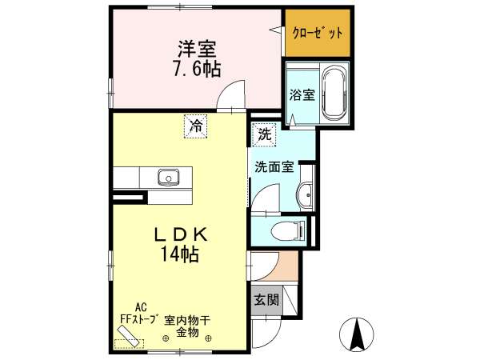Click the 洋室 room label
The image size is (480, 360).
point(197,49)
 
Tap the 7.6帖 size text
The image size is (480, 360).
point(197,69)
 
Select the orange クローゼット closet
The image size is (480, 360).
point(318,33)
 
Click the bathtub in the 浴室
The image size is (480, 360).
point(335,94)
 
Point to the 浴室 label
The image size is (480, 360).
point(302,95)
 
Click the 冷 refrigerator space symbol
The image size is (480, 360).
point(196,126)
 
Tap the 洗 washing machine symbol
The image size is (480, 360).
point(264,134)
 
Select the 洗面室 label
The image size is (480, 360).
point(274,167)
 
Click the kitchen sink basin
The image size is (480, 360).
point(168,178)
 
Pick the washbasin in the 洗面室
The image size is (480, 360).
point(305,194)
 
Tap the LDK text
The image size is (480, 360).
point(181,235)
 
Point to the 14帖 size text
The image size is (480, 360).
point(180,254)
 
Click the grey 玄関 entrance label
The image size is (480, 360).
point(267,300)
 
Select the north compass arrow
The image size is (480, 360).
point(357,334)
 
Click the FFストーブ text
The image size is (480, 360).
point(139,318)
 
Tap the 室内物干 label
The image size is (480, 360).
point(187,321)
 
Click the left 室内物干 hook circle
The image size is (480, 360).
point(166,338)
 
